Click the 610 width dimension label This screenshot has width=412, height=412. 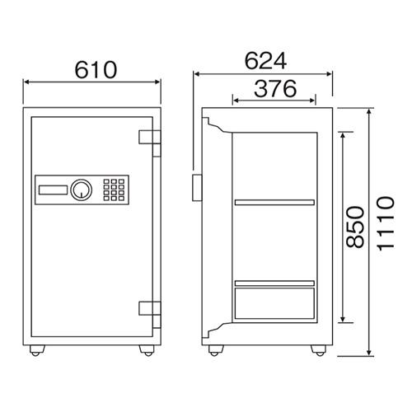coord(96,70)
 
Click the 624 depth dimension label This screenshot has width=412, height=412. coord(265,61)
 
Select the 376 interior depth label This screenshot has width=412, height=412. coord(275,89)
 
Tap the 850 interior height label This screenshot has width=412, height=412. coord(354,227)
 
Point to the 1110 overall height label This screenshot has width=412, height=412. coord(386,223)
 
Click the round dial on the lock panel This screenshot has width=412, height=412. coord(82,190)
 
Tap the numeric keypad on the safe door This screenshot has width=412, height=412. coord(114,190)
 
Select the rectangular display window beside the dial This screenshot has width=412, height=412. coord(53,190)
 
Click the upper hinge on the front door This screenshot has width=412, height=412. coord(150,143)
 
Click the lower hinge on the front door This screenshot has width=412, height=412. coord(150,315)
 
